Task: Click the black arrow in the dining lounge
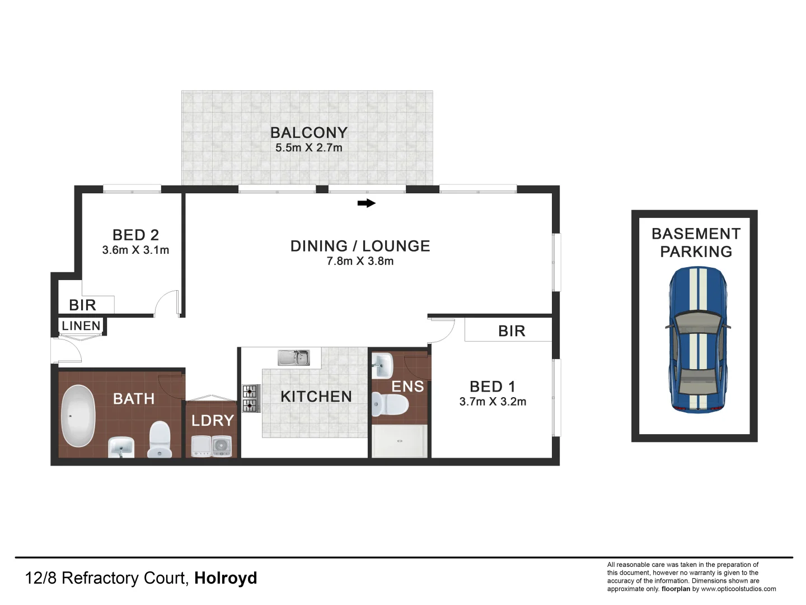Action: pos(366,203)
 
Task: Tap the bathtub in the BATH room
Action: pos(77,416)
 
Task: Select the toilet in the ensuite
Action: pos(390,404)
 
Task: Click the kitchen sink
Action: pos(294,357)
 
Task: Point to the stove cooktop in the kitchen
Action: pos(250,398)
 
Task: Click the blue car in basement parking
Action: pos(697,339)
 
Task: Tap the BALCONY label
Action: pos(309,133)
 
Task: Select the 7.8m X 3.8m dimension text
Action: pos(360,261)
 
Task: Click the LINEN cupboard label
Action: pos(81,326)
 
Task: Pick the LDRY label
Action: pos(213,421)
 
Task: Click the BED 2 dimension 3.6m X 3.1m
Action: pos(135,250)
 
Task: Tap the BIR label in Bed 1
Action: pos(512,331)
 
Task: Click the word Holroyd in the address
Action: pos(226,578)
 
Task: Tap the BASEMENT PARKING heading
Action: pos(696,243)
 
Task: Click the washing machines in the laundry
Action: pos(212,446)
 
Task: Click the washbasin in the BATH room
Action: pos(121,447)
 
